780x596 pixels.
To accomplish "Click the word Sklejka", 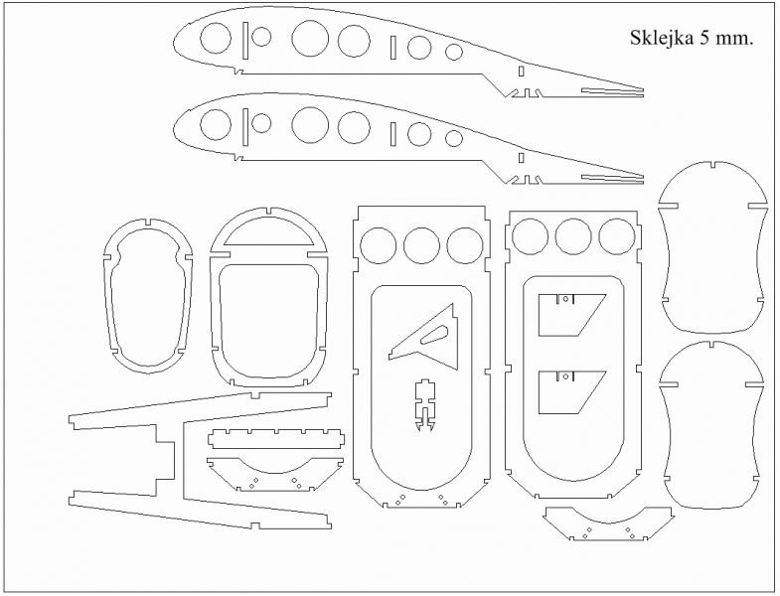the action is (661, 38).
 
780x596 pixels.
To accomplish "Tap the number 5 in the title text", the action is (704, 38).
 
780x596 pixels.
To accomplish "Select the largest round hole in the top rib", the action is (310, 39).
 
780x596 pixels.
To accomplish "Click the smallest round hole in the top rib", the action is (454, 52).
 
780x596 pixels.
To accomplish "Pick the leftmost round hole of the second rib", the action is (216, 124).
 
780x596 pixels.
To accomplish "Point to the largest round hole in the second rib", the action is (310, 124).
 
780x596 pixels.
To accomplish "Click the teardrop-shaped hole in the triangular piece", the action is (434, 335).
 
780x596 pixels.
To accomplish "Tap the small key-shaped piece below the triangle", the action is (424, 404).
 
